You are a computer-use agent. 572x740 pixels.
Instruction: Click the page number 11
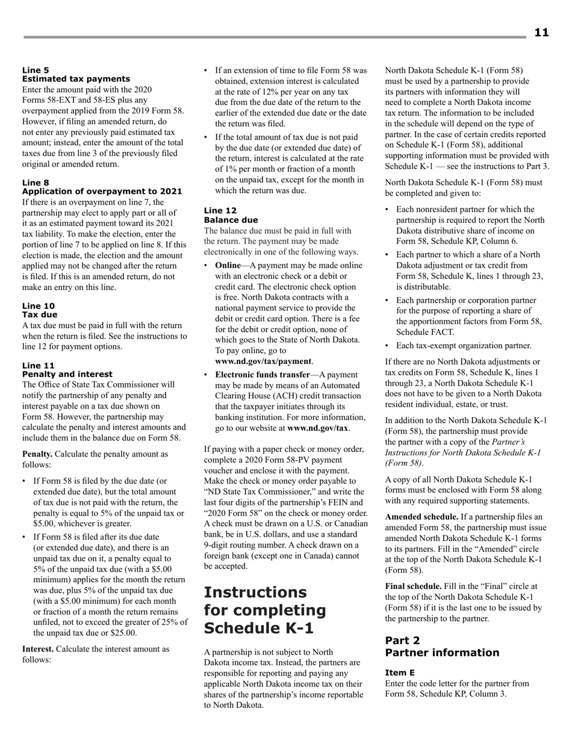pos(541,32)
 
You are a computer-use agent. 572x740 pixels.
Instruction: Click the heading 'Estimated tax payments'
pos(76,79)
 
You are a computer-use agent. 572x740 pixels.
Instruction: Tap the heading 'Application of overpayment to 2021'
pos(102,191)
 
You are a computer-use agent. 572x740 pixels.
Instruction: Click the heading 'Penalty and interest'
pos(67,374)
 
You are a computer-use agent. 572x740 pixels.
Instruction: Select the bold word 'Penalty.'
pos(37,454)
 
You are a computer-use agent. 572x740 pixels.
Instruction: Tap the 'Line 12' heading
pos(220,211)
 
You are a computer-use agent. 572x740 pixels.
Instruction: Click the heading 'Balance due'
pos(231,220)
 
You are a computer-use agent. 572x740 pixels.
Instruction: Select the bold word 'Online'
pos(228,265)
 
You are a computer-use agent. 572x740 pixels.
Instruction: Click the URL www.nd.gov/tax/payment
pos(263,361)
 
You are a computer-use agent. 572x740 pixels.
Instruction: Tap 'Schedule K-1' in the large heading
pos(260,627)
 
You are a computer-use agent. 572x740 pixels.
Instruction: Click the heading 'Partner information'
pos(442,653)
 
